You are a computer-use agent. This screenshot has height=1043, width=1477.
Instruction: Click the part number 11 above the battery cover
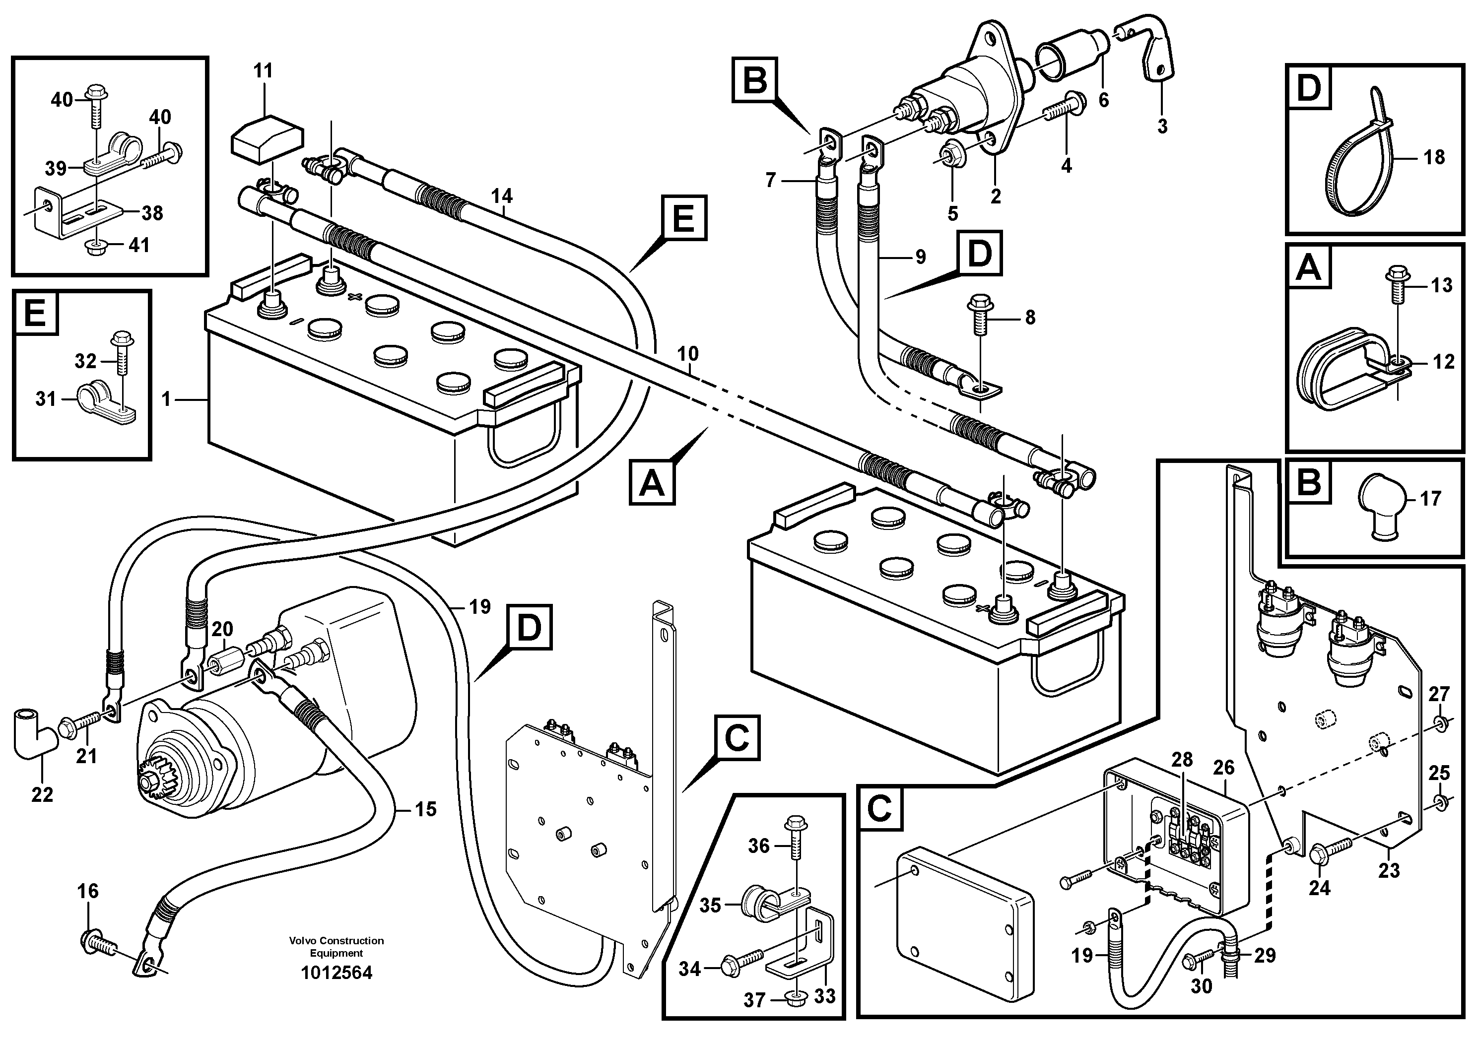coord(263,71)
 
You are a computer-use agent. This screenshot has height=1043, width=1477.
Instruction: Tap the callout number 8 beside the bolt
coord(1030,317)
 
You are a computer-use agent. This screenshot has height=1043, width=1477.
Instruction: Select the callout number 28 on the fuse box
coord(1182,760)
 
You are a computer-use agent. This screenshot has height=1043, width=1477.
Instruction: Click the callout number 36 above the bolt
coord(758,846)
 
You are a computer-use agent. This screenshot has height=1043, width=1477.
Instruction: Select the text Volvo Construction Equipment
coord(336,947)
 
